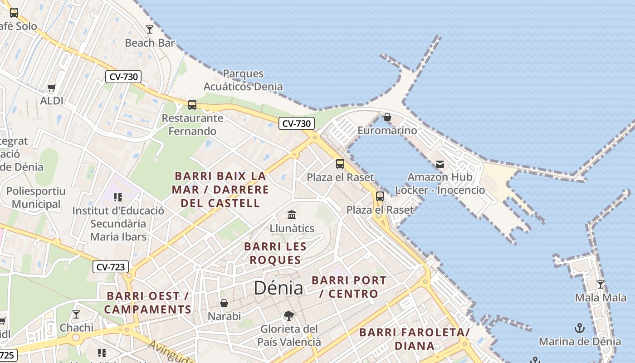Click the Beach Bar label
tap(150, 43)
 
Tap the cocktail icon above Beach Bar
tap(150, 29)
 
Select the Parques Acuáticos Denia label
tap(243, 80)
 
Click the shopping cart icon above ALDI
tap(52, 88)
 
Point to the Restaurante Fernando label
tap(193, 125)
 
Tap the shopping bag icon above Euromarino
tap(387, 117)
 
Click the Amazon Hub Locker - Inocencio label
tap(440, 183)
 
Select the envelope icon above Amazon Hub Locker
tap(440, 164)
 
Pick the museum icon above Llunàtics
tap(292, 214)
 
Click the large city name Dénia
tap(278, 288)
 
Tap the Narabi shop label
tap(224, 316)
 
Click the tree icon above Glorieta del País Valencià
tap(289, 316)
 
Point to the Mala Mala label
tap(601, 298)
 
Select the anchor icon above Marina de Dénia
tap(580, 328)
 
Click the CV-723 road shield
tap(111, 267)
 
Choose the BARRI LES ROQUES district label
tap(275, 253)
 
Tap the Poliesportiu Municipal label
tap(36, 197)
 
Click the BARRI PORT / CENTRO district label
tap(349, 287)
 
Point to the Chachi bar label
tap(77, 328)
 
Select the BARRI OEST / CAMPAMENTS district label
tap(148, 303)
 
